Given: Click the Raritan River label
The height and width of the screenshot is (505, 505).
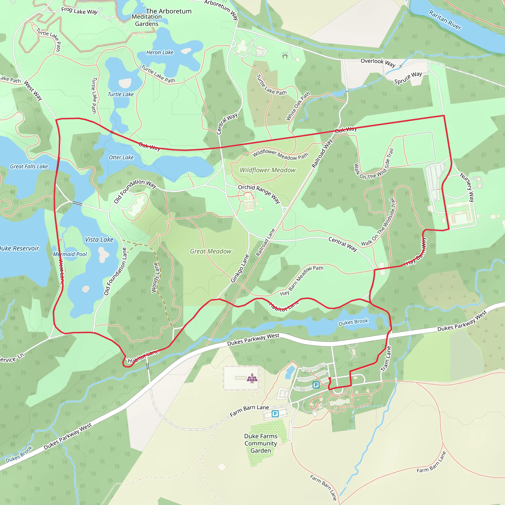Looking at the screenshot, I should (445, 20).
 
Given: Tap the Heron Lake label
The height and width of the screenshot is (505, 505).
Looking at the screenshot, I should (160, 53).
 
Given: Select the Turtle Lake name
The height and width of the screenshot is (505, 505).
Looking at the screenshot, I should (121, 94).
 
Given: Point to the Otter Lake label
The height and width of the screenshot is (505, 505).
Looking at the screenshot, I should (121, 157).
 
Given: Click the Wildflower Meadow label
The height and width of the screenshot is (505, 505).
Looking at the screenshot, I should (268, 170).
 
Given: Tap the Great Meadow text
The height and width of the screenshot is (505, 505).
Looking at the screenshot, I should (210, 252).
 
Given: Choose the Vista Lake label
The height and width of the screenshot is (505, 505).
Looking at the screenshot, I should (99, 240).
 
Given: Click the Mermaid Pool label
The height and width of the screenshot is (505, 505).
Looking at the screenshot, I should (70, 254).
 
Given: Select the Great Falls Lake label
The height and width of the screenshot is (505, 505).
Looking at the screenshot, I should (29, 166).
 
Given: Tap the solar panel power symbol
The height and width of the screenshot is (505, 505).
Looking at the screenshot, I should (252, 378).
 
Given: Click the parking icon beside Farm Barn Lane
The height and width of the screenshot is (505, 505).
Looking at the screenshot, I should (275, 414).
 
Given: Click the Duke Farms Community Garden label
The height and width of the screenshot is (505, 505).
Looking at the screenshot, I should (261, 443).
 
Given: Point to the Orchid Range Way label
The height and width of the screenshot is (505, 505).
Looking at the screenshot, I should (259, 194).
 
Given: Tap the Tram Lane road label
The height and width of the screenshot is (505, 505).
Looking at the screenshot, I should (386, 359).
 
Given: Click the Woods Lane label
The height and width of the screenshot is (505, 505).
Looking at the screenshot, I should (155, 278).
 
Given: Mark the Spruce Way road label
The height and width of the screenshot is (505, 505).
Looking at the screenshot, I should (408, 78).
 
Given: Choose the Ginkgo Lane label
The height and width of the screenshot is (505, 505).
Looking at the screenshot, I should (240, 268).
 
